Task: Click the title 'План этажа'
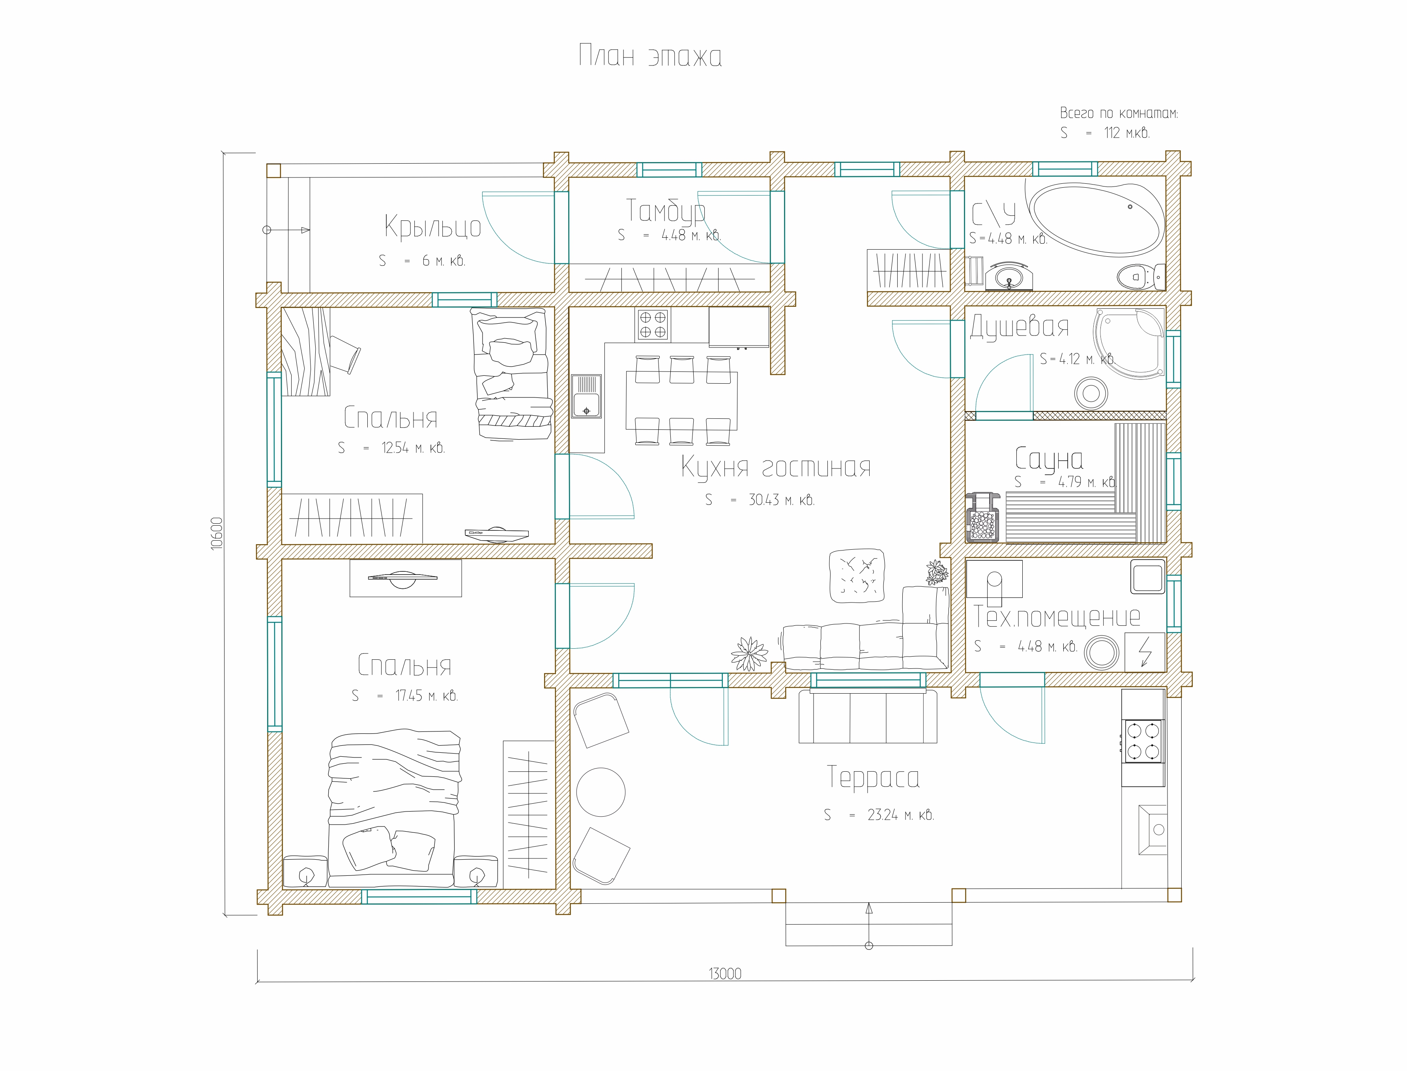[x=650, y=56]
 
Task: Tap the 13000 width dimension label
[x=725, y=974]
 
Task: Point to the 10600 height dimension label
[x=217, y=534]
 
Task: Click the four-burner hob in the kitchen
[x=653, y=325]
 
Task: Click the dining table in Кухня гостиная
[x=682, y=400]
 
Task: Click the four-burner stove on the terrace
[x=1143, y=741]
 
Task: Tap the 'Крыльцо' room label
[x=432, y=227]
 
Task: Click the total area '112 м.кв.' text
[x=1127, y=132]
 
